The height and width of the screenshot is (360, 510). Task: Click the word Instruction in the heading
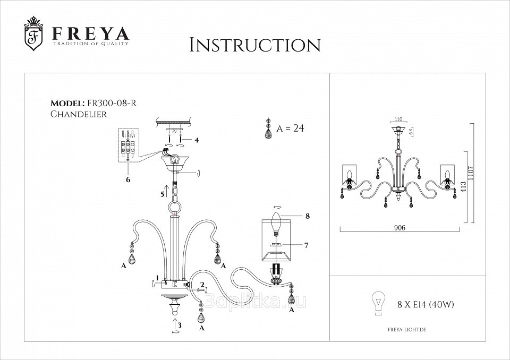point(255,45)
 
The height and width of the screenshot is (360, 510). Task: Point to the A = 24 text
point(290,129)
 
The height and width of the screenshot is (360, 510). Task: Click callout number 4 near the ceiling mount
point(197,141)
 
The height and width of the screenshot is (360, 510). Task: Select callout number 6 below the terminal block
point(127,180)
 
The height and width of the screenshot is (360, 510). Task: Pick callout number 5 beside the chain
point(162,194)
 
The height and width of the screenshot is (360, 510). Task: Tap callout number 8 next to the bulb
point(307,216)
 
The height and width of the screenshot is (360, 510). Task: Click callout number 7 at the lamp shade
point(307,245)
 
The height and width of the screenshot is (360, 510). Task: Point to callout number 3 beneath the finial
point(180,325)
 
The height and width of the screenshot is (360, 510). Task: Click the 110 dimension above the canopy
point(398,119)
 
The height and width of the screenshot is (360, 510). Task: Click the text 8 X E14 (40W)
point(426,305)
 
